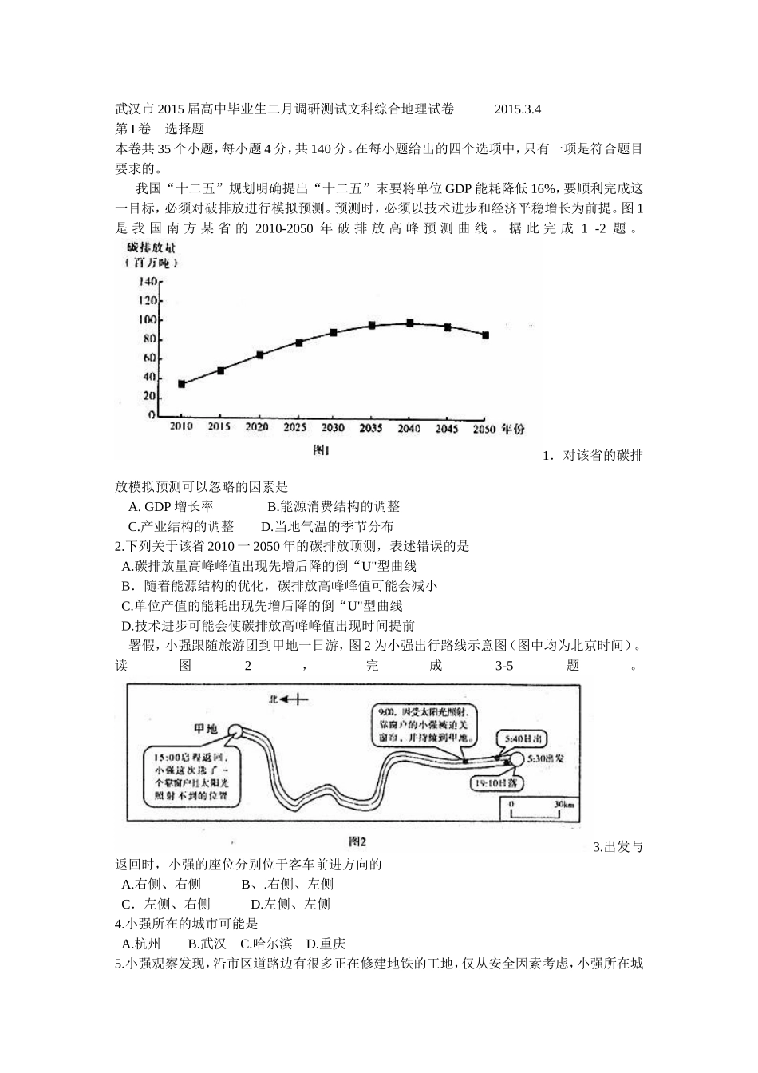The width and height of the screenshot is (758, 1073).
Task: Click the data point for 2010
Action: click(x=182, y=384)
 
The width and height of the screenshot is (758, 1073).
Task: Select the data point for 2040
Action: click(x=410, y=323)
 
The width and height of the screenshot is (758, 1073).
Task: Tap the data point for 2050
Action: click(x=485, y=335)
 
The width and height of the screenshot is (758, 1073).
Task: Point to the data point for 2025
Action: click(x=299, y=342)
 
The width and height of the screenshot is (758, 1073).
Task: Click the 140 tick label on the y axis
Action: click(x=148, y=282)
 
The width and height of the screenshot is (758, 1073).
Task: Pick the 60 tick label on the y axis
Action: click(x=150, y=358)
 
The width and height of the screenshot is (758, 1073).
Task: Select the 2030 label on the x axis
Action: click(x=333, y=428)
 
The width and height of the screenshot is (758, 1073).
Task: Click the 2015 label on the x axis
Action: click(x=219, y=428)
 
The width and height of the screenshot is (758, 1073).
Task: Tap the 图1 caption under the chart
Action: click(x=321, y=450)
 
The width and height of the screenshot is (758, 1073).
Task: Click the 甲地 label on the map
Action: click(x=206, y=729)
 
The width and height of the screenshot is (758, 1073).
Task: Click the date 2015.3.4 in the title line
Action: click(x=518, y=109)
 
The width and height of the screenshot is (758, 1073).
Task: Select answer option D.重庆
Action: click(x=326, y=944)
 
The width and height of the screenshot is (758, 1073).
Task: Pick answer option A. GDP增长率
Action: click(x=171, y=506)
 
